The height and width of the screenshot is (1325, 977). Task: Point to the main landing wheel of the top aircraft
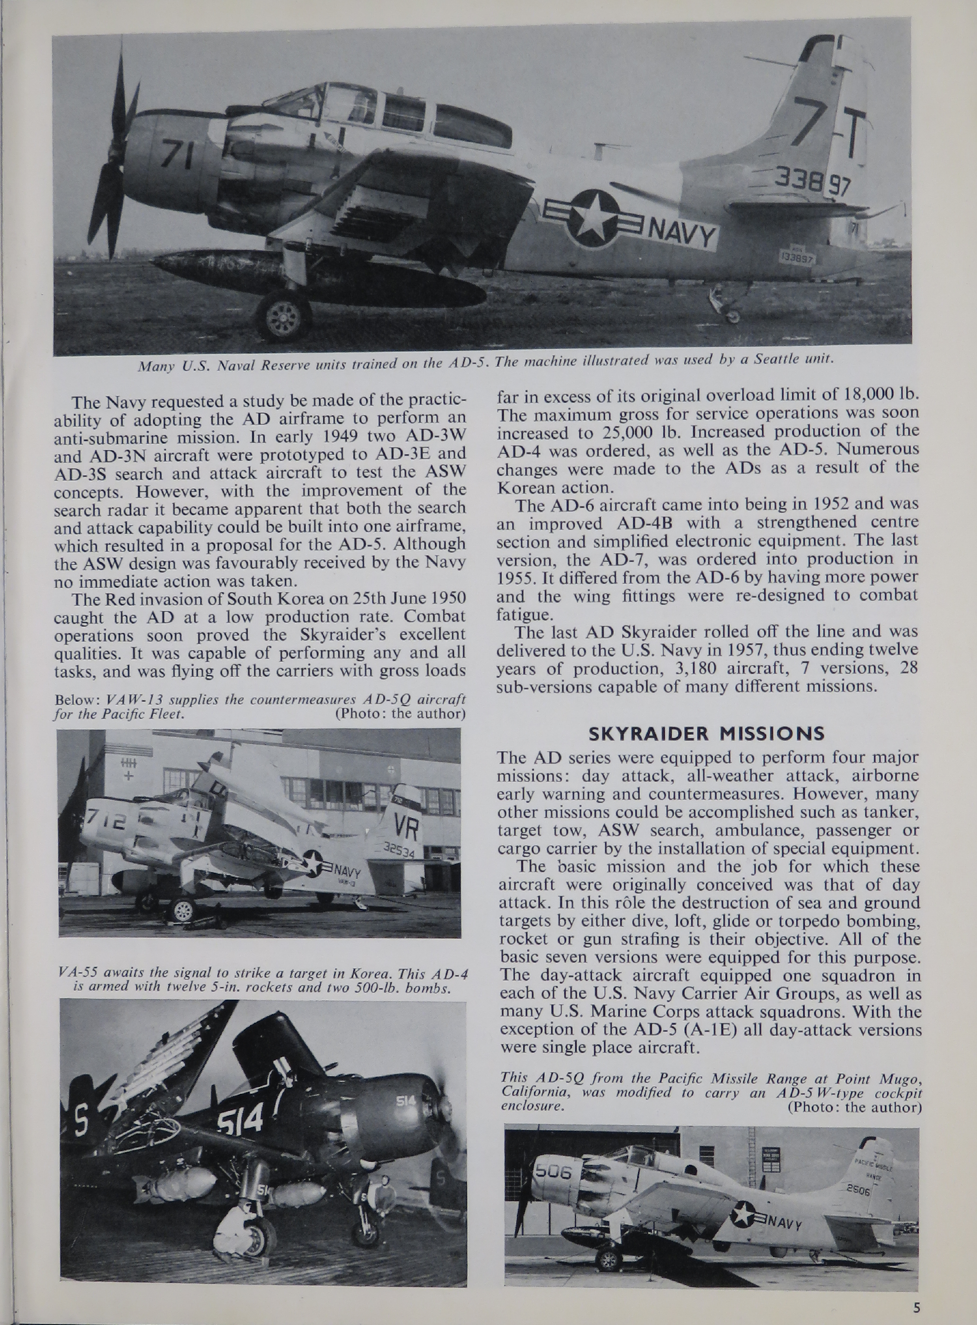(x=282, y=316)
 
